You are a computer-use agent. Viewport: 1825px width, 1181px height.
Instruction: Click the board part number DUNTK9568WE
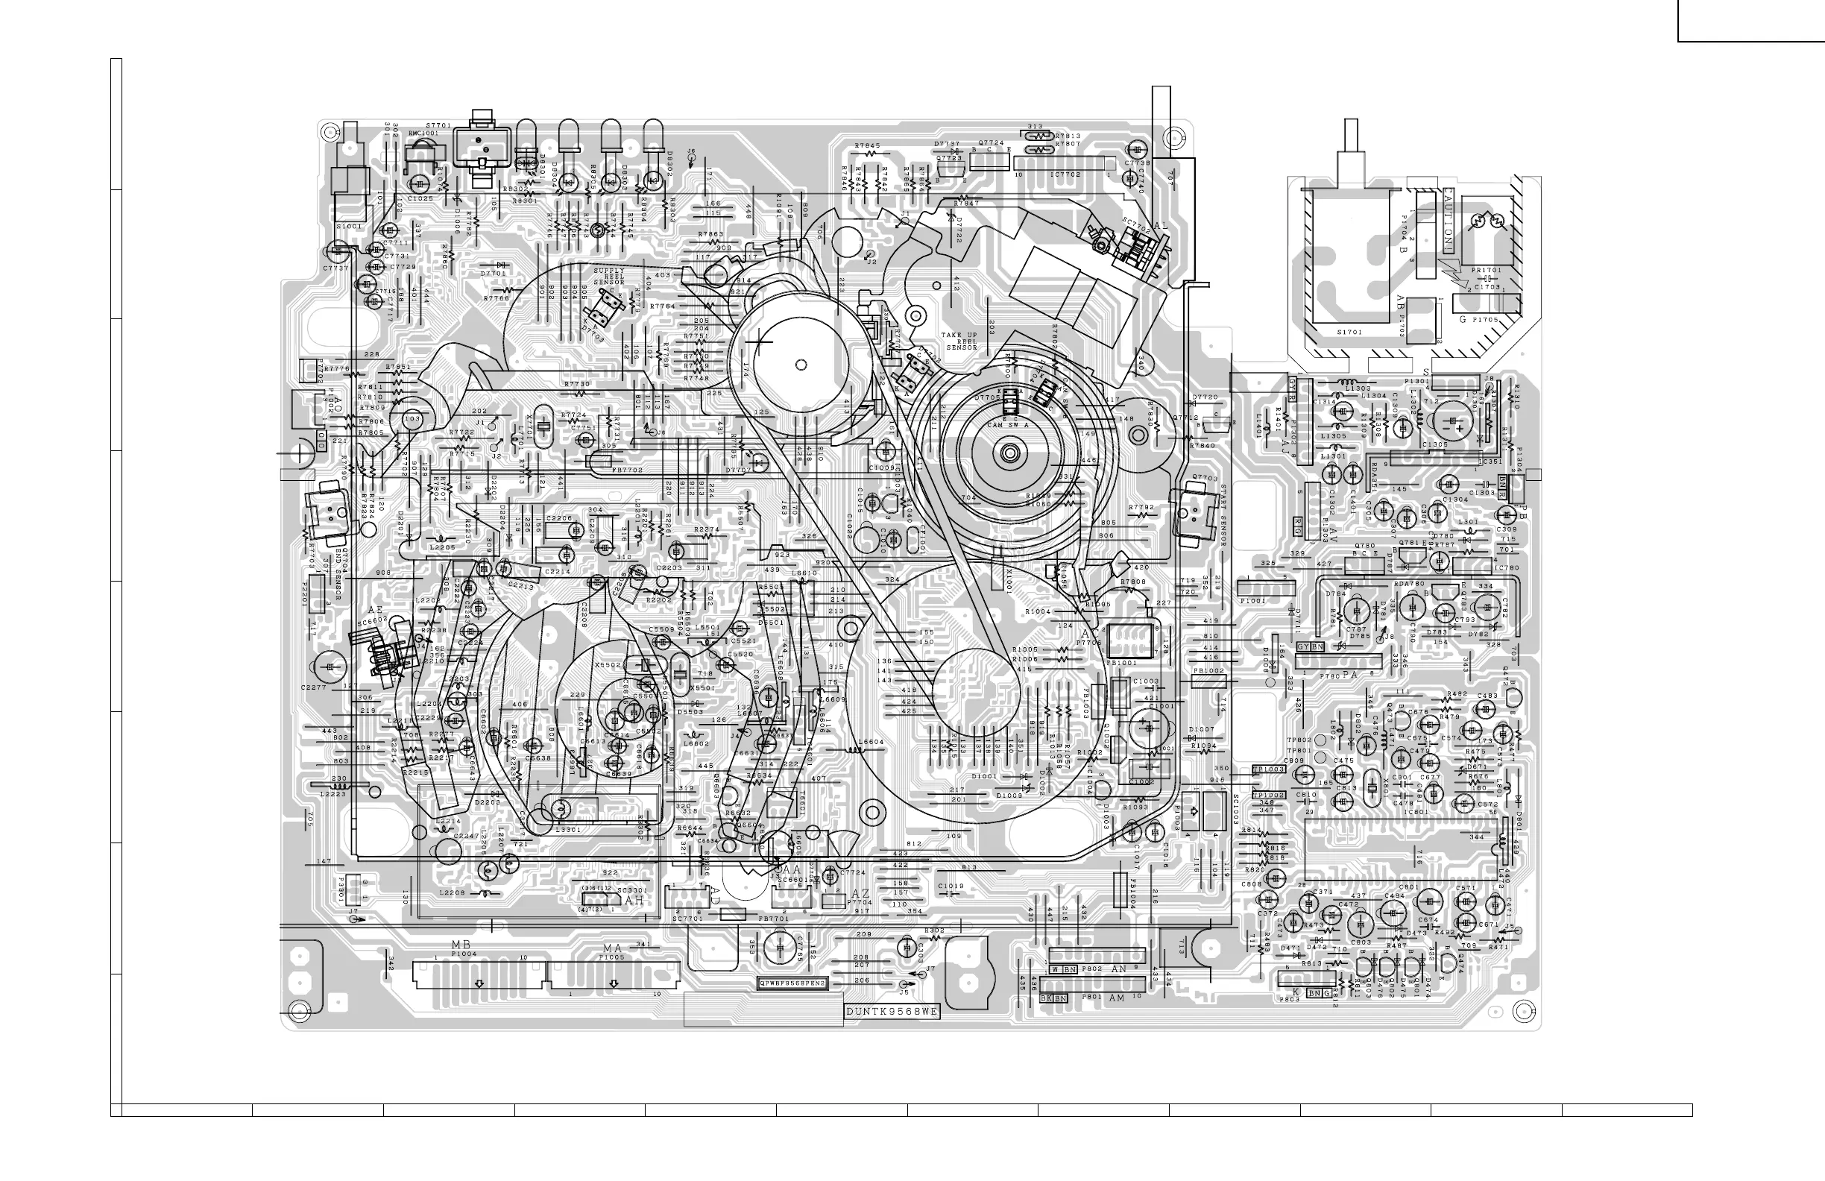tap(892, 1012)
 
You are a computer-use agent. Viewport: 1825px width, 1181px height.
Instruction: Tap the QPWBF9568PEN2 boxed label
tap(793, 983)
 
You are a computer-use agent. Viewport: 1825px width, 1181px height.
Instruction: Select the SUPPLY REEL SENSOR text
tap(609, 277)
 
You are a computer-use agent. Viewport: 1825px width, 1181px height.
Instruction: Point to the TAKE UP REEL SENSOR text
tap(961, 341)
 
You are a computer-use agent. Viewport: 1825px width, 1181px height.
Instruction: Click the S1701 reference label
tap(1349, 332)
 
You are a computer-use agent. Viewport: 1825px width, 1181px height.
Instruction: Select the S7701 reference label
tap(438, 125)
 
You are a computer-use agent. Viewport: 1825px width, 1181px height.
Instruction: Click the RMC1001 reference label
tap(423, 133)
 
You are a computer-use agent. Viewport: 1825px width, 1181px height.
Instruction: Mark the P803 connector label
tap(1289, 1000)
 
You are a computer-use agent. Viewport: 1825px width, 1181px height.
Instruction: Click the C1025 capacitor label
tap(420, 198)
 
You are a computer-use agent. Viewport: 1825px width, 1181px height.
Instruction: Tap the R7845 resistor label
tap(867, 145)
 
